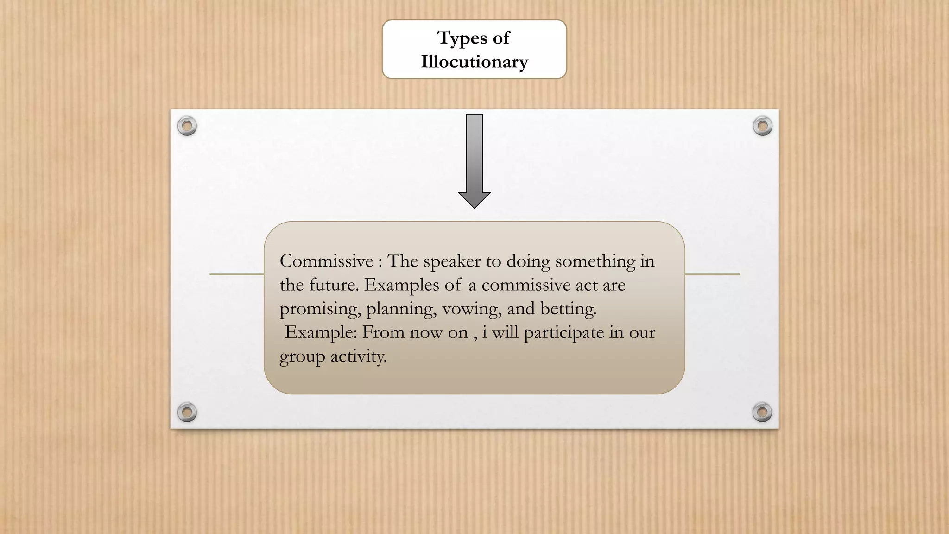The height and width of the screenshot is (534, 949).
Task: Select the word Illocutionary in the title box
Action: [x=474, y=62]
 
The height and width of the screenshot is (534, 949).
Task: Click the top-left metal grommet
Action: [x=187, y=126]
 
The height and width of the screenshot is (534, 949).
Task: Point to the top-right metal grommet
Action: [x=762, y=126]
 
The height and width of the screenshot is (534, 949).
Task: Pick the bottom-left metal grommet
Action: [x=187, y=412]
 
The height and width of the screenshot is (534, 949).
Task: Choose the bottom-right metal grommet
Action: [x=762, y=412]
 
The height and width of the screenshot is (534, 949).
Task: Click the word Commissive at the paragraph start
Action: [x=326, y=261]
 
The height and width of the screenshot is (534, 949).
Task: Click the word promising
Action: [x=320, y=309]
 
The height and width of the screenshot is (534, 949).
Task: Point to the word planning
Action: [x=401, y=309]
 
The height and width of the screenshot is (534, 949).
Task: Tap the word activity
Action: [x=358, y=357]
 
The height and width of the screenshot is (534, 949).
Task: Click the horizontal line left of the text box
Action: [x=236, y=274]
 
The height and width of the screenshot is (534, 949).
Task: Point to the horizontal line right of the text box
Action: [x=712, y=274]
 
